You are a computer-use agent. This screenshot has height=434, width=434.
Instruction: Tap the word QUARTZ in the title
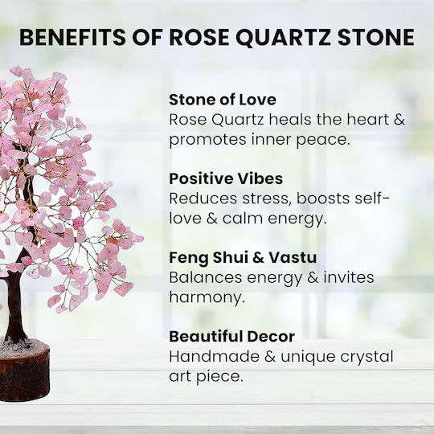[x=283, y=38]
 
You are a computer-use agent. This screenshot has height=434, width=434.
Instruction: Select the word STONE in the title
[x=376, y=37]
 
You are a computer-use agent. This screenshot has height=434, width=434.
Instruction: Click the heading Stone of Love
[x=223, y=100]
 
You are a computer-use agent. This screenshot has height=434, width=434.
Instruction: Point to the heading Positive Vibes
[x=226, y=178]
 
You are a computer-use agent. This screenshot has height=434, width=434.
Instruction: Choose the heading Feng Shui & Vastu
[x=243, y=257]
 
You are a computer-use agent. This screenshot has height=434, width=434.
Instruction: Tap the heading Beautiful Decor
[x=231, y=336]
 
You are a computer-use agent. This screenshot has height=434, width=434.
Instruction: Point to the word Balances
[x=206, y=277]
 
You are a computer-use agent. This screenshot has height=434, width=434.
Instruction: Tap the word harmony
[x=207, y=298]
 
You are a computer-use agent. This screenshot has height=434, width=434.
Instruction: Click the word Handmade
[x=214, y=357]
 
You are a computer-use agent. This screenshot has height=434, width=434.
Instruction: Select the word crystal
[x=366, y=358]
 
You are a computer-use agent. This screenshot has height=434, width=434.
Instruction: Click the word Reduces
[x=203, y=199]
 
